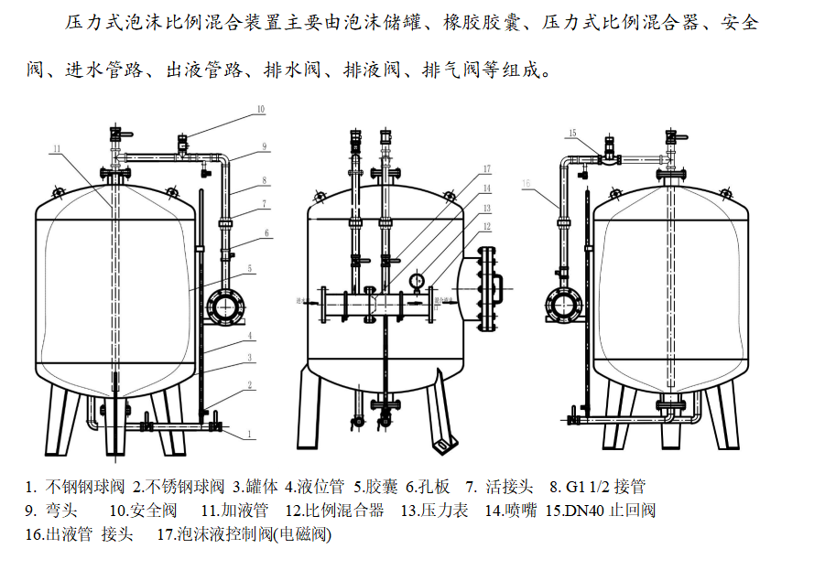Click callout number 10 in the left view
click(x=260, y=110)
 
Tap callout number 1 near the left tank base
click(x=249, y=432)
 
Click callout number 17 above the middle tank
click(x=487, y=169)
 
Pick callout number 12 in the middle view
click(x=487, y=227)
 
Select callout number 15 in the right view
click(x=571, y=134)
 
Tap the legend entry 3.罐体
click(x=258, y=487)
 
